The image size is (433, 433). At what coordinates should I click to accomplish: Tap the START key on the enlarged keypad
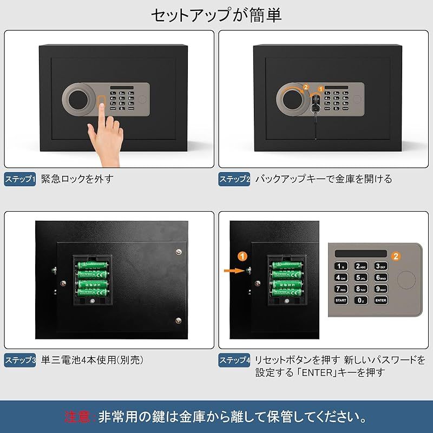(x=341, y=299)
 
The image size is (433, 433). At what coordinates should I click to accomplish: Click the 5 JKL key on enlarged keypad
(x=361, y=277)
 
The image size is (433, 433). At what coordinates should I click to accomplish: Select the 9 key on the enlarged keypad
(x=381, y=288)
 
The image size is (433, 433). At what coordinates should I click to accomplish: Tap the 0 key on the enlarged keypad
(x=361, y=300)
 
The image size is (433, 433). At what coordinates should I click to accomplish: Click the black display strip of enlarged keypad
(x=361, y=253)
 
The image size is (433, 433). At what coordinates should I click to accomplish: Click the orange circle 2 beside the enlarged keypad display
(x=396, y=256)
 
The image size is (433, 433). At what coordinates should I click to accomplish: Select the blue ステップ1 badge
(x=20, y=179)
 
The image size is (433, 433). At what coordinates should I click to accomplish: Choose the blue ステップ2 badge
(x=234, y=179)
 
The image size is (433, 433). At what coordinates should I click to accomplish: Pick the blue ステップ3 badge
(x=20, y=359)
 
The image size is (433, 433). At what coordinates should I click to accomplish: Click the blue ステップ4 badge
(x=234, y=360)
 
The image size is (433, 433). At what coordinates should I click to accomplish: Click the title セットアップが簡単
(x=216, y=15)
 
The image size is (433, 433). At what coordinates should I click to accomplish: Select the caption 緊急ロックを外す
(x=77, y=179)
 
